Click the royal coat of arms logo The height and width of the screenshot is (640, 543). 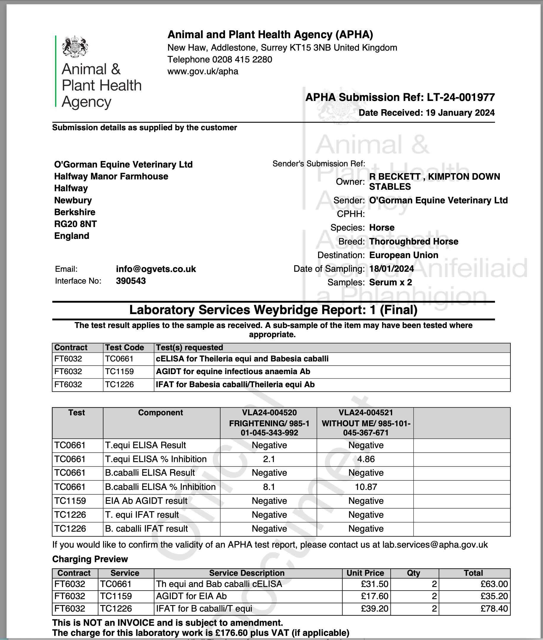tap(75, 47)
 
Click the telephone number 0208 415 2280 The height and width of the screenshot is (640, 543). tap(242, 59)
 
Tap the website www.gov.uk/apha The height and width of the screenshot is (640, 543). tap(202, 71)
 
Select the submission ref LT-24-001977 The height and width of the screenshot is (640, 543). tap(461, 97)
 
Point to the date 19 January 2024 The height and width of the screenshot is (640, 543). tap(460, 113)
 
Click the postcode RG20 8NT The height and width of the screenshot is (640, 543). tap(75, 224)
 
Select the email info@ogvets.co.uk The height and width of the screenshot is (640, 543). tap(156, 269)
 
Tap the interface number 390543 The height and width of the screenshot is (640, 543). tap(131, 281)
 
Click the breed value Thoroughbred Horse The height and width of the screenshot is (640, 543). tap(413, 241)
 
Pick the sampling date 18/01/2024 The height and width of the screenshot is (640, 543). tap(391, 269)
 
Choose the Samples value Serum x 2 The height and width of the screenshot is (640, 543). tap(390, 282)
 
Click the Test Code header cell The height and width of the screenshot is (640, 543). tap(124, 347)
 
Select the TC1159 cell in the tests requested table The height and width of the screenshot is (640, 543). tap(119, 371)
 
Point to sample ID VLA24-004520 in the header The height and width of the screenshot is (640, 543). tap(269, 413)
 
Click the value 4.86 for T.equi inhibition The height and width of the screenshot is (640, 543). tap(366, 459)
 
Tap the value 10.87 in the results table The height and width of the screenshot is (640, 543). tap(366, 487)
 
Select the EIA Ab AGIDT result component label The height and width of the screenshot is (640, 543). tap(146, 501)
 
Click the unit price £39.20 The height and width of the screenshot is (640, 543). tap(374, 609)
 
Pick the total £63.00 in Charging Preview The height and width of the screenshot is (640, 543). tap(494, 584)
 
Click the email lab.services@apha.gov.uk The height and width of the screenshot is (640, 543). tap(435, 545)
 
